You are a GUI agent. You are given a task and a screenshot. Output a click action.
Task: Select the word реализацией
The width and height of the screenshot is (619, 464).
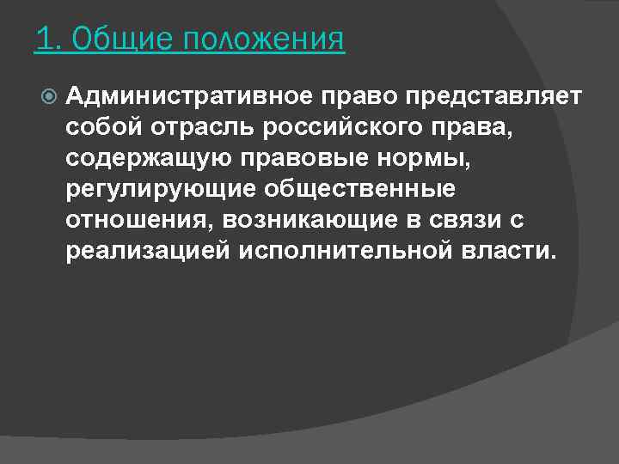pos(148,251)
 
